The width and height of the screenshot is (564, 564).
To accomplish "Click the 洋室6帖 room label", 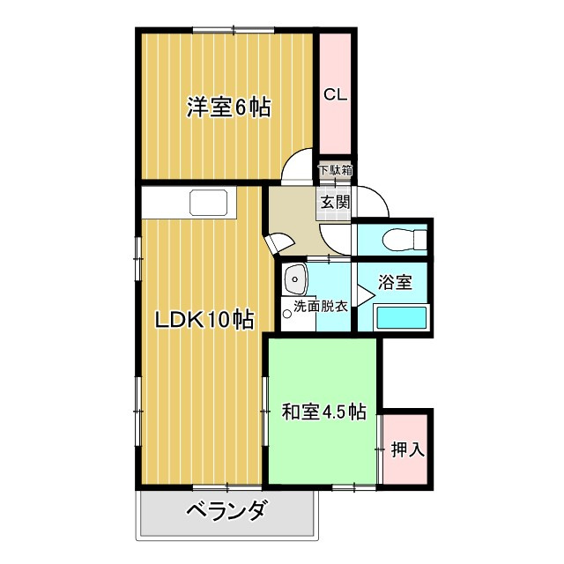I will pyautogui.click(x=227, y=108).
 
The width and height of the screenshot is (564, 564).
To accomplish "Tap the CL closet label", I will pyautogui.click(x=334, y=94).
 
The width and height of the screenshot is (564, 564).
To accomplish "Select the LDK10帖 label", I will pyautogui.click(x=204, y=320).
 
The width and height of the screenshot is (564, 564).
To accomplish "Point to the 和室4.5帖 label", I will pyautogui.click(x=323, y=411).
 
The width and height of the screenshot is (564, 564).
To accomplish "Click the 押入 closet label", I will pyautogui.click(x=407, y=449).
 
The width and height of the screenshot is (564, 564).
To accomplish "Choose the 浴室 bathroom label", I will pyautogui.click(x=394, y=283).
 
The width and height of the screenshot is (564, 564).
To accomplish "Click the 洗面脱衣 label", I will pyautogui.click(x=320, y=307).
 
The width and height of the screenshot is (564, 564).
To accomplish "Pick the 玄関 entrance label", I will pyautogui.click(x=334, y=202).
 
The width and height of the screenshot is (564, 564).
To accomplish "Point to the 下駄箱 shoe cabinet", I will pyautogui.click(x=335, y=170).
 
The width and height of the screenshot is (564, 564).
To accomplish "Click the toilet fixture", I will pyautogui.click(x=403, y=238).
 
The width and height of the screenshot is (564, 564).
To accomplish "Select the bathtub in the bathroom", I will pyautogui.click(x=401, y=317).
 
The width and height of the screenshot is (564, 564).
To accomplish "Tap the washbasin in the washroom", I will pyautogui.click(x=294, y=280).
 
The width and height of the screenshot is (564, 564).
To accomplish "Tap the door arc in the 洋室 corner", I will pyautogui.click(x=300, y=167).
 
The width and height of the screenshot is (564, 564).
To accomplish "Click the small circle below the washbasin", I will pyautogui.click(x=287, y=310).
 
